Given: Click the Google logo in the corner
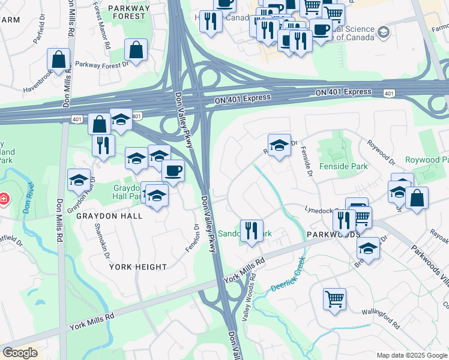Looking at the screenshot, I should (x=20, y=353).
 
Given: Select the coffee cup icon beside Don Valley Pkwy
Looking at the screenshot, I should (x=173, y=170).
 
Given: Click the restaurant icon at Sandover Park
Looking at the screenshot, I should (x=252, y=230).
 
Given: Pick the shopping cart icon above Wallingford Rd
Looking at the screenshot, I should (x=334, y=299).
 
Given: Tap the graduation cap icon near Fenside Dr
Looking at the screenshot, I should (x=279, y=146).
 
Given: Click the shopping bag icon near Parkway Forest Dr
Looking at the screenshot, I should (x=136, y=50).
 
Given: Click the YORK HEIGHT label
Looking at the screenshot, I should (x=138, y=266).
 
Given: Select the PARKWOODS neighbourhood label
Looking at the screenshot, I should (x=329, y=233).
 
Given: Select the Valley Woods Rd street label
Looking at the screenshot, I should (x=248, y=298).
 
